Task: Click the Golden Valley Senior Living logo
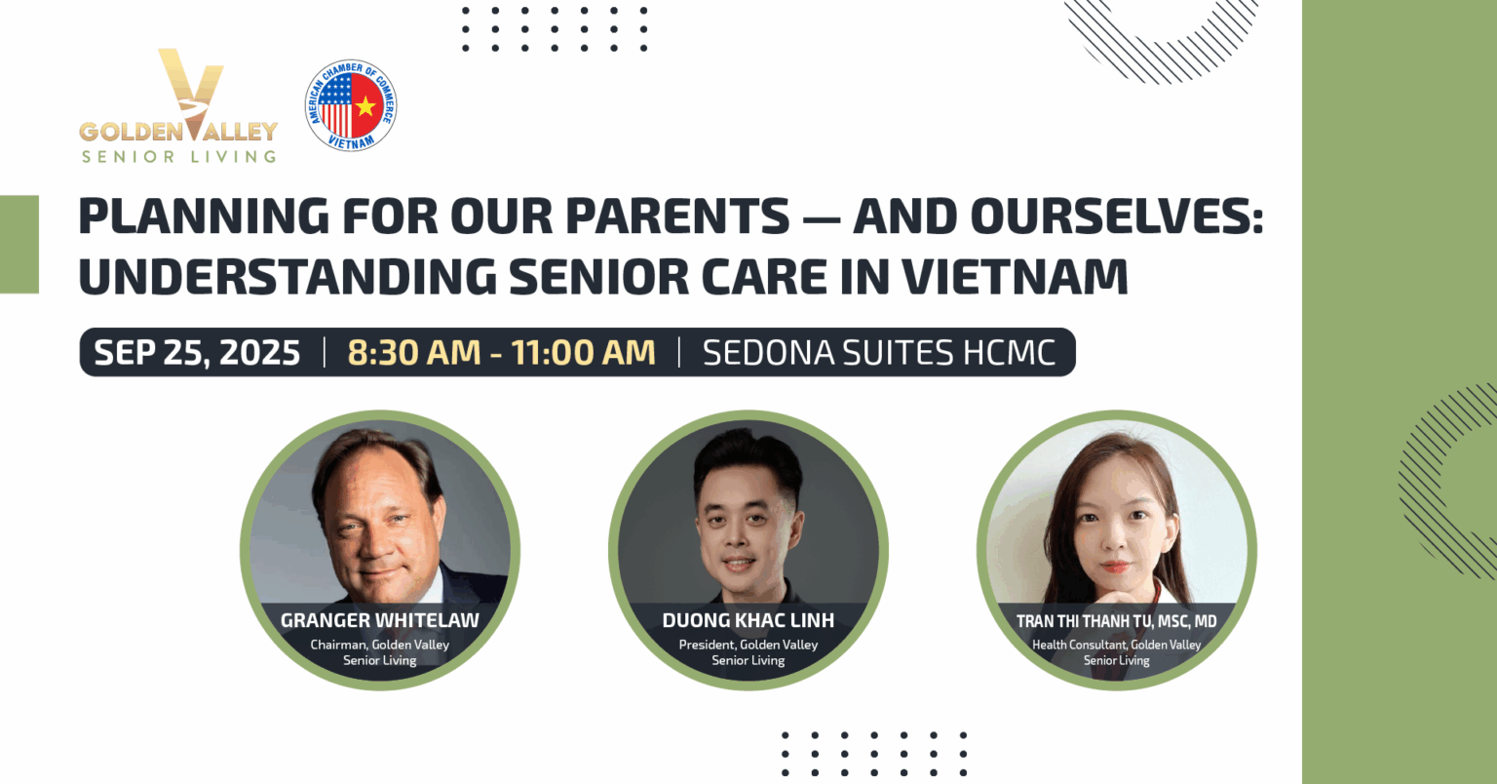coord(178,105)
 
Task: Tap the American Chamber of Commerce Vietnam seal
coord(351,105)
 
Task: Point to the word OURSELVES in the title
coord(1117,216)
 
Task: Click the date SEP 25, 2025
coord(197,353)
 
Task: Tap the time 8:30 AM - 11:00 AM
coord(501,353)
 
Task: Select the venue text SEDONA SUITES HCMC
coord(879,353)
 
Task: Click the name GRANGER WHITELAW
coord(379,620)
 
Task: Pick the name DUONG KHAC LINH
coord(748,620)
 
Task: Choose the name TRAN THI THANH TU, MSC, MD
coord(1117,621)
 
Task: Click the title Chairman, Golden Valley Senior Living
coord(379,652)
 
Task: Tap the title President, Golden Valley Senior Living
coord(748,652)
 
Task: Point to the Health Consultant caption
coord(1117,652)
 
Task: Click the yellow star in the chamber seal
coord(365,105)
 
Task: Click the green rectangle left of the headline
coord(19,244)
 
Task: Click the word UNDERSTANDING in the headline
coord(288,276)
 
